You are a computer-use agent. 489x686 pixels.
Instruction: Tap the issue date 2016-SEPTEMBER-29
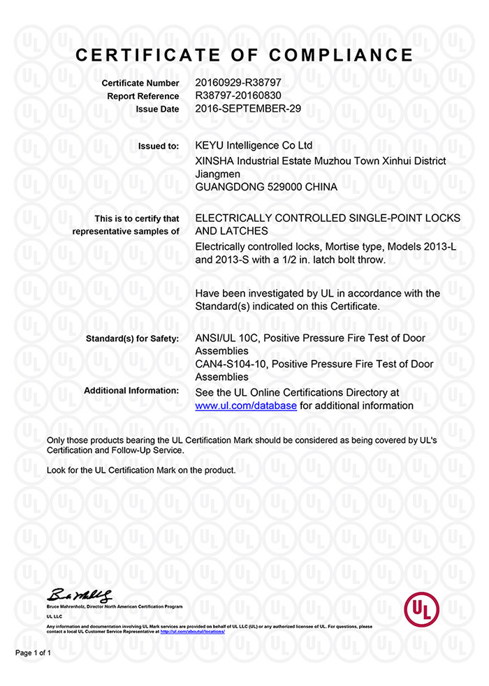[x=249, y=109]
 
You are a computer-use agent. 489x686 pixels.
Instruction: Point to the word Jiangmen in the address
[x=218, y=174]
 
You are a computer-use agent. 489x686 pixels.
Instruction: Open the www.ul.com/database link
[x=247, y=405]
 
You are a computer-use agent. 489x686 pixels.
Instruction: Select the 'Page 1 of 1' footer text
[x=34, y=653]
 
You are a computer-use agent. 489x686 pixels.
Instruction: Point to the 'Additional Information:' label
[x=131, y=391]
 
